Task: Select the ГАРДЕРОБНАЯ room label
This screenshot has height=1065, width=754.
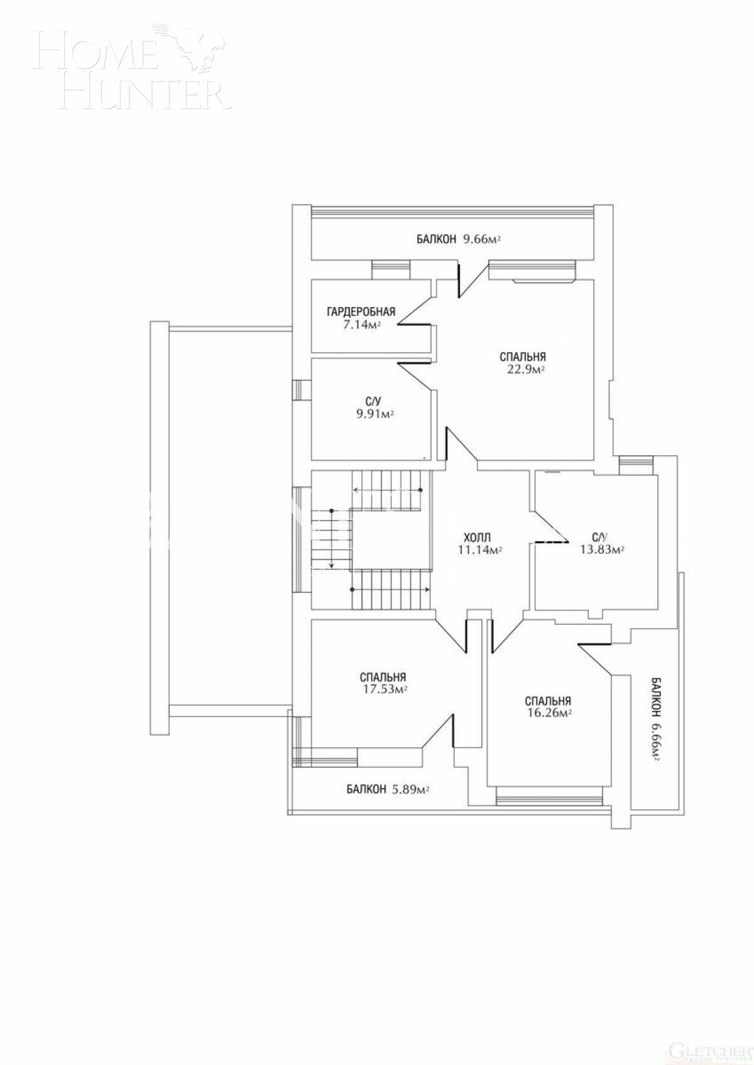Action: [x=361, y=311]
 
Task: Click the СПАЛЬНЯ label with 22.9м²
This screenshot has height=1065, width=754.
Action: [x=523, y=357]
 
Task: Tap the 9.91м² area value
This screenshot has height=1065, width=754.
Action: [x=374, y=414]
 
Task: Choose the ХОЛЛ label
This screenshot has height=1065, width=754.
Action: [x=477, y=538]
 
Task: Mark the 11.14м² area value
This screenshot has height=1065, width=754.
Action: [x=480, y=550]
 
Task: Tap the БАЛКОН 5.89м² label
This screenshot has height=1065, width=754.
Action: [x=387, y=790]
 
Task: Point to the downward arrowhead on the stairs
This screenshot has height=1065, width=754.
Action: [x=331, y=565]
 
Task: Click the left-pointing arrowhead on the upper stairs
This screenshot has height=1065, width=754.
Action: [x=356, y=490]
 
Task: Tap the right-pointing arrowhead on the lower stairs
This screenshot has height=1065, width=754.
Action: [x=427, y=590]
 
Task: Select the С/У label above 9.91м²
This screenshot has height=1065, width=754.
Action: [x=371, y=401]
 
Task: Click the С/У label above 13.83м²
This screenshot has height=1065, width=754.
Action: [x=599, y=538]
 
